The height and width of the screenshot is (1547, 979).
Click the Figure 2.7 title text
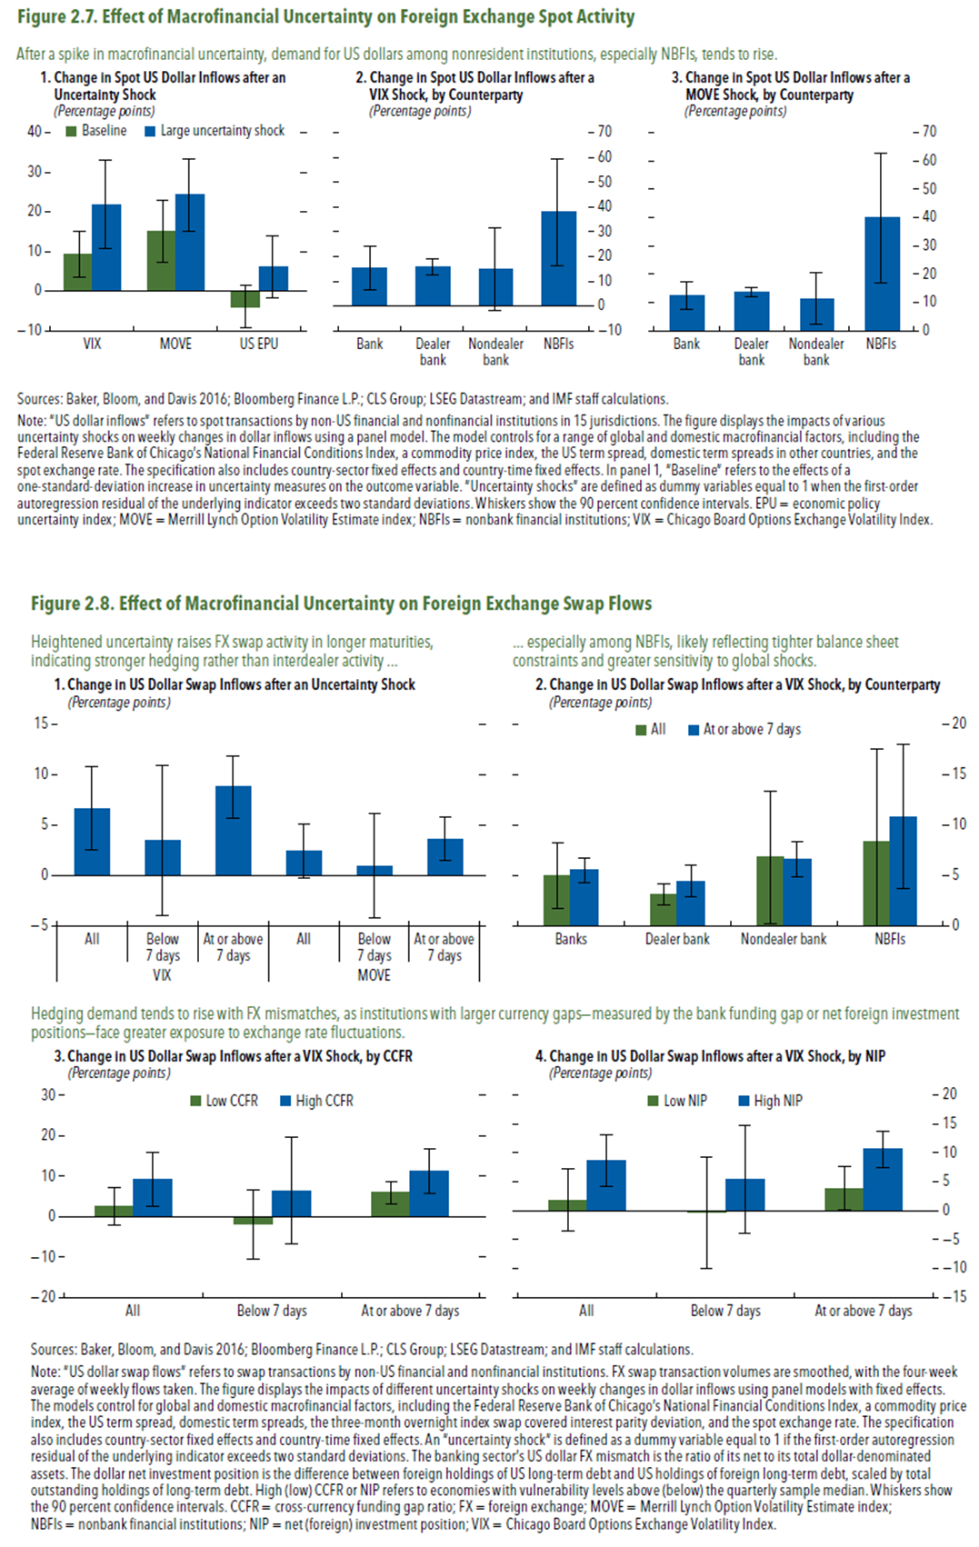point(325,16)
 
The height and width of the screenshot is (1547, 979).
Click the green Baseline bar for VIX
point(77,272)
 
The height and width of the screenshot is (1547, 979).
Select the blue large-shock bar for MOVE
point(190,242)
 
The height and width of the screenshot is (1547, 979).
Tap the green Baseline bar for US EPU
point(245,298)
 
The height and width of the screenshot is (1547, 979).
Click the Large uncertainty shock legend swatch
point(149,131)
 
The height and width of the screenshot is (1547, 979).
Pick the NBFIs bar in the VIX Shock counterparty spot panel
point(558,258)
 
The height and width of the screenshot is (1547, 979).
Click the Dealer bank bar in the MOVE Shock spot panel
point(751,311)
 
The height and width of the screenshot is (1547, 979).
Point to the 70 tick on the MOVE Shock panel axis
point(928,132)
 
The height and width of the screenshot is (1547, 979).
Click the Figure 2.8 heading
point(341,604)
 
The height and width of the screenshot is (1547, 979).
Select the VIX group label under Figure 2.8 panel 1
point(162,975)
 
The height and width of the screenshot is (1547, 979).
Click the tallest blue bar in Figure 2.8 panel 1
point(234,830)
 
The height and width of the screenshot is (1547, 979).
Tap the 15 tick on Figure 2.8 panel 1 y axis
point(43,724)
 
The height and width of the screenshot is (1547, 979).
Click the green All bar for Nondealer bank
point(769,890)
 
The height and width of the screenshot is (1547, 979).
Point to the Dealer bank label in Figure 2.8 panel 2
point(677,939)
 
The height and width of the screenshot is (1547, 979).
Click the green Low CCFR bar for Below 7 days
point(253,1220)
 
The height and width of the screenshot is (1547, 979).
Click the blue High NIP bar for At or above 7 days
point(882,1179)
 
